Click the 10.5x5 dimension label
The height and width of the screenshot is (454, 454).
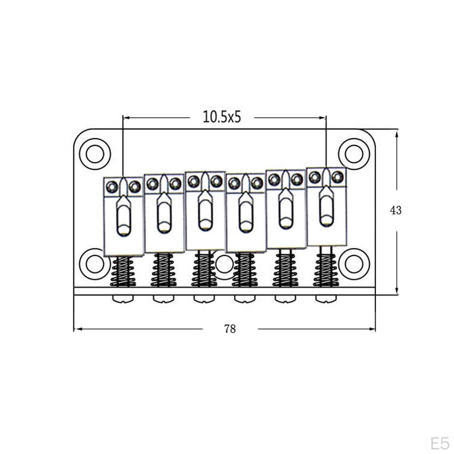point(222,117)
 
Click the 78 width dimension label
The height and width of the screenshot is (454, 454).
point(230,329)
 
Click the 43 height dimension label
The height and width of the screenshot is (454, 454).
point(395,210)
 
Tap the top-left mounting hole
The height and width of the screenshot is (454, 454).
point(94,154)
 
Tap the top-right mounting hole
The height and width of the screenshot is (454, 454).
point(354,154)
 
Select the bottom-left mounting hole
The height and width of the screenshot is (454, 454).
point(94,264)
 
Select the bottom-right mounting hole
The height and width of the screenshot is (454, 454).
point(354,264)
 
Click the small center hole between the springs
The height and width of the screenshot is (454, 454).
point(224,264)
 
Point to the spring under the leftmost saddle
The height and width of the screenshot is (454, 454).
point(123,271)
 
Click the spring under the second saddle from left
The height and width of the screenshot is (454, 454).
point(164,270)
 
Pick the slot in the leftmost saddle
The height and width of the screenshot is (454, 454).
point(124,218)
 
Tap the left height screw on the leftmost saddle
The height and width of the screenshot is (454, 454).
point(112,187)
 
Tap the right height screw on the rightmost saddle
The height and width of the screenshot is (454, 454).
point(337,177)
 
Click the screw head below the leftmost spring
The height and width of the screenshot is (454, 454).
point(123,299)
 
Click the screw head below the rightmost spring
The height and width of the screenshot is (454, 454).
point(326,299)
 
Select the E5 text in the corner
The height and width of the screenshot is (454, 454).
point(440,443)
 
